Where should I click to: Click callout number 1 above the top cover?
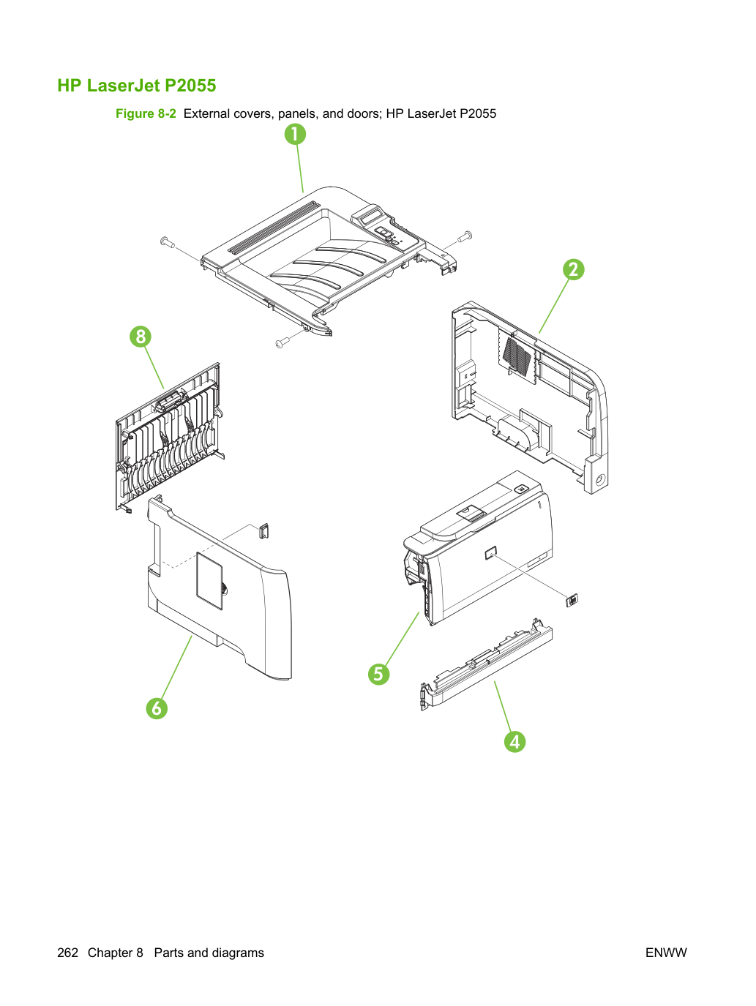coord(295,135)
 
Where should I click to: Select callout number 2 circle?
coord(573,269)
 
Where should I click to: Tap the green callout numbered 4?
coord(514,742)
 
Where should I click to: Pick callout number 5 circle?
coord(378,674)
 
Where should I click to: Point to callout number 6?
coord(157,708)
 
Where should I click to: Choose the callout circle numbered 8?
coord(141,336)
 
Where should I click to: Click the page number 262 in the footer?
coord(67,953)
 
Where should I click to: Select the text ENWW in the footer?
coord(666,953)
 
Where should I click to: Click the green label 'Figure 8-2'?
coord(146,113)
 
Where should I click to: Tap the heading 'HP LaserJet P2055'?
coord(137,86)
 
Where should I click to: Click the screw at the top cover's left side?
coord(167,241)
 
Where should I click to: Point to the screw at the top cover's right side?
coord(465,237)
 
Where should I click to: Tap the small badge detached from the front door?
coord(572,599)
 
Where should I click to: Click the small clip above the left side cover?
coord(263,531)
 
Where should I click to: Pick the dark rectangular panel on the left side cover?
coord(209,581)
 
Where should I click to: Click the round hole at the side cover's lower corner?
coord(599,479)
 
